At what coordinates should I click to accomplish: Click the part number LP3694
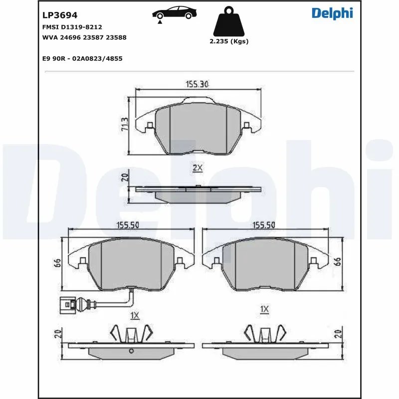point(60,15)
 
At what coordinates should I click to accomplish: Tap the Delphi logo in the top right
point(332,13)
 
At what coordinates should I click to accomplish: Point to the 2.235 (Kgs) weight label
point(229,42)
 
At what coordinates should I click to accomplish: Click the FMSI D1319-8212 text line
point(72,26)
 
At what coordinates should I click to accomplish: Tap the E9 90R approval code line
point(83,58)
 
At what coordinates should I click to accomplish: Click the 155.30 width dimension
point(198,84)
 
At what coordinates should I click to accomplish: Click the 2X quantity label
point(198,168)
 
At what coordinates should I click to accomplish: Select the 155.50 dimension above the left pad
point(127,225)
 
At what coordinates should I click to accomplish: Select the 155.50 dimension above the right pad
point(264,225)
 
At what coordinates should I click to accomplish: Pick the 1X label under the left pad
point(134,315)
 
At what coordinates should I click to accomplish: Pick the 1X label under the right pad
point(264,310)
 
